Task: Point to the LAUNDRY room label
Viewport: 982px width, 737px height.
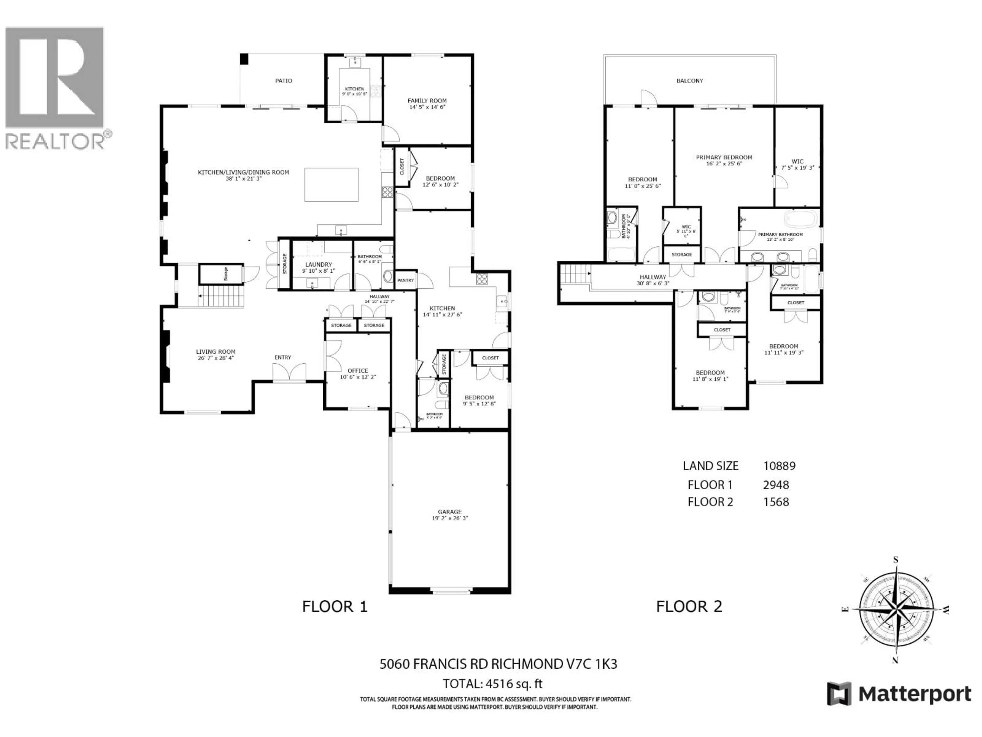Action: coord(318,264)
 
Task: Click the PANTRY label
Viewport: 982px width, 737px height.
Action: coord(405,280)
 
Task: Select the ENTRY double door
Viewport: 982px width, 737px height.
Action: coord(289,372)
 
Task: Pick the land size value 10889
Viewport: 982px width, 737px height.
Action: coord(779,466)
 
